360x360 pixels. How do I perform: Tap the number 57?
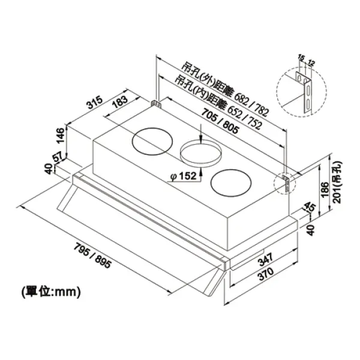tap(58, 158)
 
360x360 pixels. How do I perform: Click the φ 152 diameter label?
tap(184, 177)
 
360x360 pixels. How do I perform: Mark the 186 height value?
tap(324, 191)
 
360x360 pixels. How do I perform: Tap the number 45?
tap(310, 209)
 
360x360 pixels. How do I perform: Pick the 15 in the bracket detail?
tap(300, 58)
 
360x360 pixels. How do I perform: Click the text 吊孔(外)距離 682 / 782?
tap(225, 89)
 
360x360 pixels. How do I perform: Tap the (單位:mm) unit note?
tap(50, 292)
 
